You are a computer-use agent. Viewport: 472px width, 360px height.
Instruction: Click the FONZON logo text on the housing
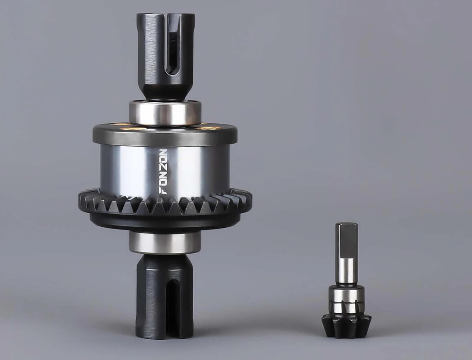pyautogui.click(x=163, y=171)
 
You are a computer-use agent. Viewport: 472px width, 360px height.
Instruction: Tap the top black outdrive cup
pyautogui.click(x=165, y=56)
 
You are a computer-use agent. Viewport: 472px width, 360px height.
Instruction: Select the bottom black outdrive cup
pyautogui.click(x=165, y=297)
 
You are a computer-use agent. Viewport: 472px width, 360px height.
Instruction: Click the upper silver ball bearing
pyautogui.click(x=165, y=112)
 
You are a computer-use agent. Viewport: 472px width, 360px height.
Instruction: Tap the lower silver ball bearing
pyautogui.click(x=165, y=242)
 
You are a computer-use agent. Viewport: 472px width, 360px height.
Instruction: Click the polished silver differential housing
pyautogui.click(x=165, y=171)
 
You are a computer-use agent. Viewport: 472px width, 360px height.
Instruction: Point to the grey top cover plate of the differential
pyautogui.click(x=165, y=134)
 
